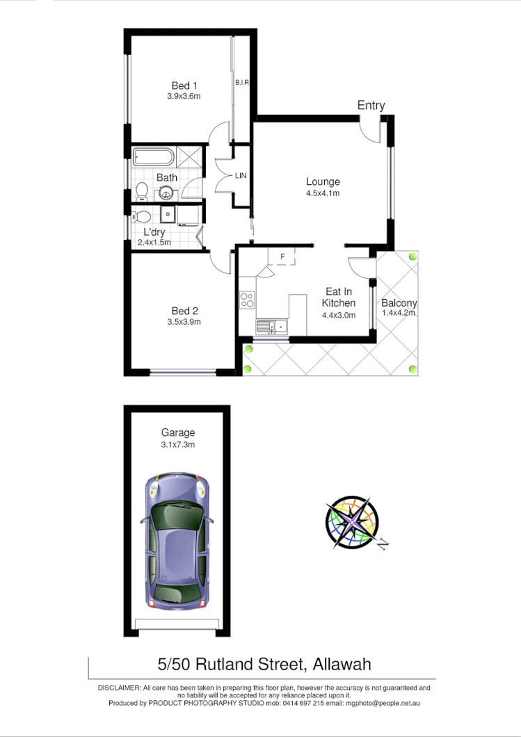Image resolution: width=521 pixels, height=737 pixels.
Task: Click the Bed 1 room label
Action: (x=184, y=86)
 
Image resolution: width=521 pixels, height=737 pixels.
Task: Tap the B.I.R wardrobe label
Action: (x=242, y=83)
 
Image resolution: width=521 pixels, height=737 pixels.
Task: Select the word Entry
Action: (x=371, y=106)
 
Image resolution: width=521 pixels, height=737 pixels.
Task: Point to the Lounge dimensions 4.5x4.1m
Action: (x=323, y=193)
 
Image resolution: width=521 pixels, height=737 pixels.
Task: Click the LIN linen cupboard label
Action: (x=241, y=176)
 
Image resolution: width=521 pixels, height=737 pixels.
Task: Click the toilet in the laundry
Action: (x=142, y=215)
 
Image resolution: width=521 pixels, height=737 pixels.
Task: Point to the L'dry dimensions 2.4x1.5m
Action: (x=154, y=243)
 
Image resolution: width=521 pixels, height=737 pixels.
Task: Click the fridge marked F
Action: (x=282, y=257)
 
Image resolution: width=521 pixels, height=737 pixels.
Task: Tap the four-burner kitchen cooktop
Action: (x=247, y=300)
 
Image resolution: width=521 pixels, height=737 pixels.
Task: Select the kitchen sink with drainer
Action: (x=272, y=325)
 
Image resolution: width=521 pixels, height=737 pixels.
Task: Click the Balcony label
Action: (x=399, y=303)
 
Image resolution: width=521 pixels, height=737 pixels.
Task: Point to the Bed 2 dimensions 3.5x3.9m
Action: (x=184, y=322)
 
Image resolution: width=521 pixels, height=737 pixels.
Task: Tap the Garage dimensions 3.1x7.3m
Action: (x=177, y=445)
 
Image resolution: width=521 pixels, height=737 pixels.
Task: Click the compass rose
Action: (x=352, y=522)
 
